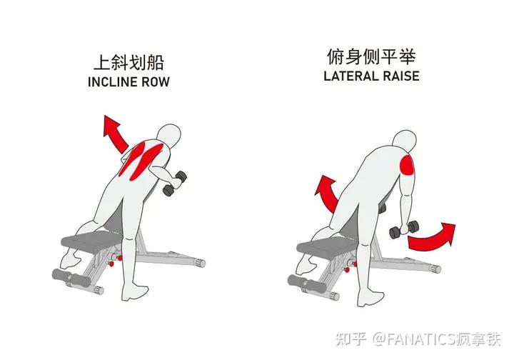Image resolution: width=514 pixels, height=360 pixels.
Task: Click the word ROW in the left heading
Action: (155, 81)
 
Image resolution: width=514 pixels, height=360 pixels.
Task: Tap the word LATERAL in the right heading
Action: (348, 75)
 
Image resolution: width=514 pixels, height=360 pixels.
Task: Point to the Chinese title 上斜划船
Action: (128, 62)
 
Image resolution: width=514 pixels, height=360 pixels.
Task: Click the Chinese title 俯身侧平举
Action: (371, 56)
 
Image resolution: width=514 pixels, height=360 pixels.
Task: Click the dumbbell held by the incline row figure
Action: (173, 183)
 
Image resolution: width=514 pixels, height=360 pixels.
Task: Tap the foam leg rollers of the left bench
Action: (68, 276)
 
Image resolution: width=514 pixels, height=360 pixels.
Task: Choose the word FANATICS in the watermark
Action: (428, 336)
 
